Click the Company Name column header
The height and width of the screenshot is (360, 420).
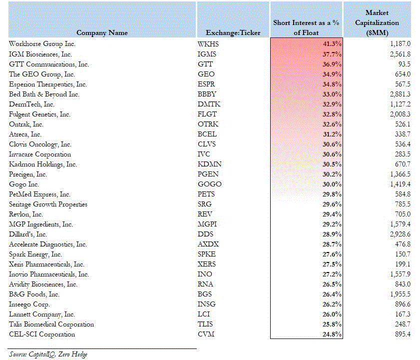tap(102, 32)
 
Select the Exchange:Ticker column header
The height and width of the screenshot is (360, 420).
tap(233, 32)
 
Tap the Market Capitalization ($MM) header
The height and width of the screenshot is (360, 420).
tap(377, 23)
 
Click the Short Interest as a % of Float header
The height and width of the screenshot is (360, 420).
tap(306, 27)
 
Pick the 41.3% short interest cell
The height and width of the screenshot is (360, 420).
tap(332, 44)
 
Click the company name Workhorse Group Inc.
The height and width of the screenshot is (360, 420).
tap(42, 44)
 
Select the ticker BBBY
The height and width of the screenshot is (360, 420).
tap(207, 94)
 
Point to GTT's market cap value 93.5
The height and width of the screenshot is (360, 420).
tap(404, 64)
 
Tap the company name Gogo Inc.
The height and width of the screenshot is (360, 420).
tap(24, 184)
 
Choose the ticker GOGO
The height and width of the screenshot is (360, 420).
tap(209, 184)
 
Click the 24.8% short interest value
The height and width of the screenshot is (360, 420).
tap(332, 334)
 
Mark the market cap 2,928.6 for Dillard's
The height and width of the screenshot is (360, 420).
tap(400, 234)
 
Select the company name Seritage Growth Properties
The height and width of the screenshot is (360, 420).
tap(48, 204)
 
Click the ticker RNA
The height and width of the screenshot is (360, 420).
tap(205, 284)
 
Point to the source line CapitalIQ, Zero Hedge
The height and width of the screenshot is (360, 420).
tap(48, 354)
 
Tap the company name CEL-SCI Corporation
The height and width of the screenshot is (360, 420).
tap(42, 334)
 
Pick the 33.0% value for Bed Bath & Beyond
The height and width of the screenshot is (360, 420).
tap(332, 94)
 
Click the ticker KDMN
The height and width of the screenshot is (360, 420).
tap(209, 164)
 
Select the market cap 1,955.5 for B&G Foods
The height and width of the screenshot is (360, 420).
tap(400, 294)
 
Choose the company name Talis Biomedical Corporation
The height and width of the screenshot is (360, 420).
tap(51, 324)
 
